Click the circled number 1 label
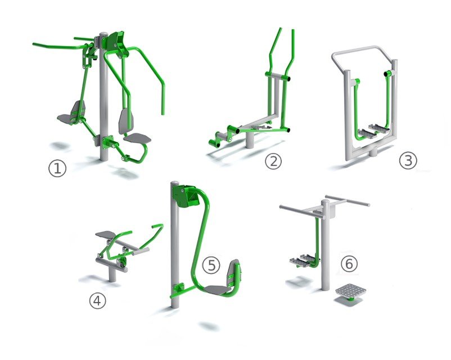[x=57, y=168]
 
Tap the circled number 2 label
[x=273, y=161]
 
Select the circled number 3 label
[x=408, y=160]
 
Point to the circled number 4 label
[x=97, y=301]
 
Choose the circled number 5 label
[x=211, y=265]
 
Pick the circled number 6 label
[x=349, y=264]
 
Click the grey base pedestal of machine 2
[x=250, y=139]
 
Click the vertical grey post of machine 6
[x=325, y=245]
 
